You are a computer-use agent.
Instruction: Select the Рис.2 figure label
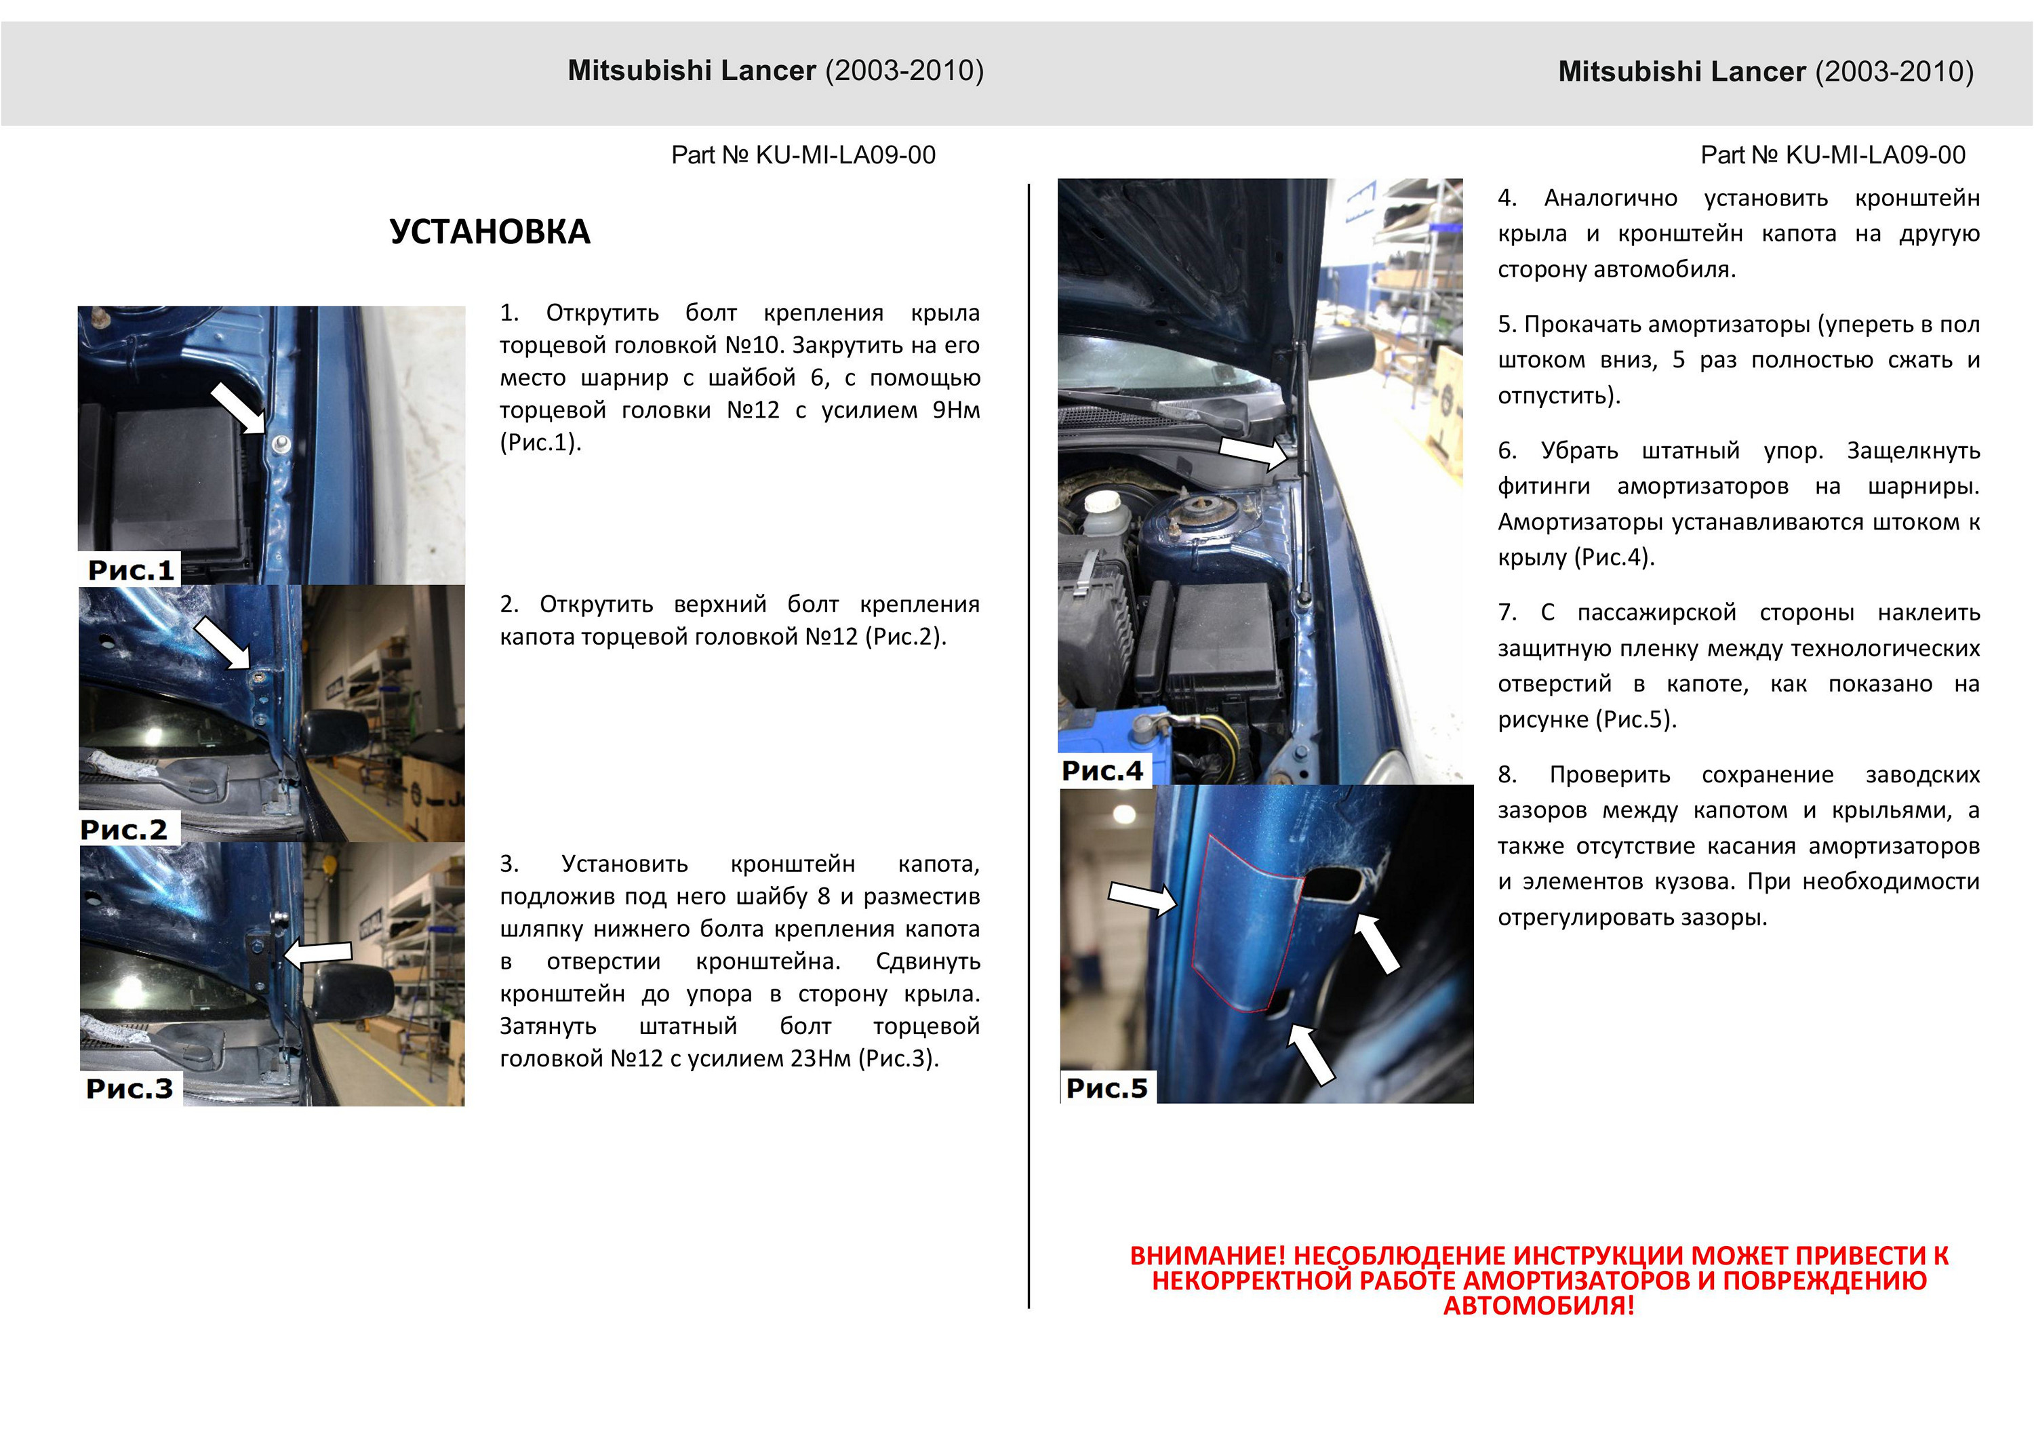[x=124, y=829]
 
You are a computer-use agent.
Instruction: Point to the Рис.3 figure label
[x=129, y=1088]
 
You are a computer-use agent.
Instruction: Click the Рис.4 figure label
[x=1102, y=771]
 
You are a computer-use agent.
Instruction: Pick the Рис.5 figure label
[x=1106, y=1088]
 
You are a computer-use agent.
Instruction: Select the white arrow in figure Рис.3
[x=319, y=953]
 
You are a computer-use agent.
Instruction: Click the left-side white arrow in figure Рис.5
[x=1142, y=898]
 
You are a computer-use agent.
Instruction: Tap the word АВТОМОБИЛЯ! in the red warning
[x=1539, y=1305]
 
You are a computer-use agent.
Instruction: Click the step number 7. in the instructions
[x=1507, y=612]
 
